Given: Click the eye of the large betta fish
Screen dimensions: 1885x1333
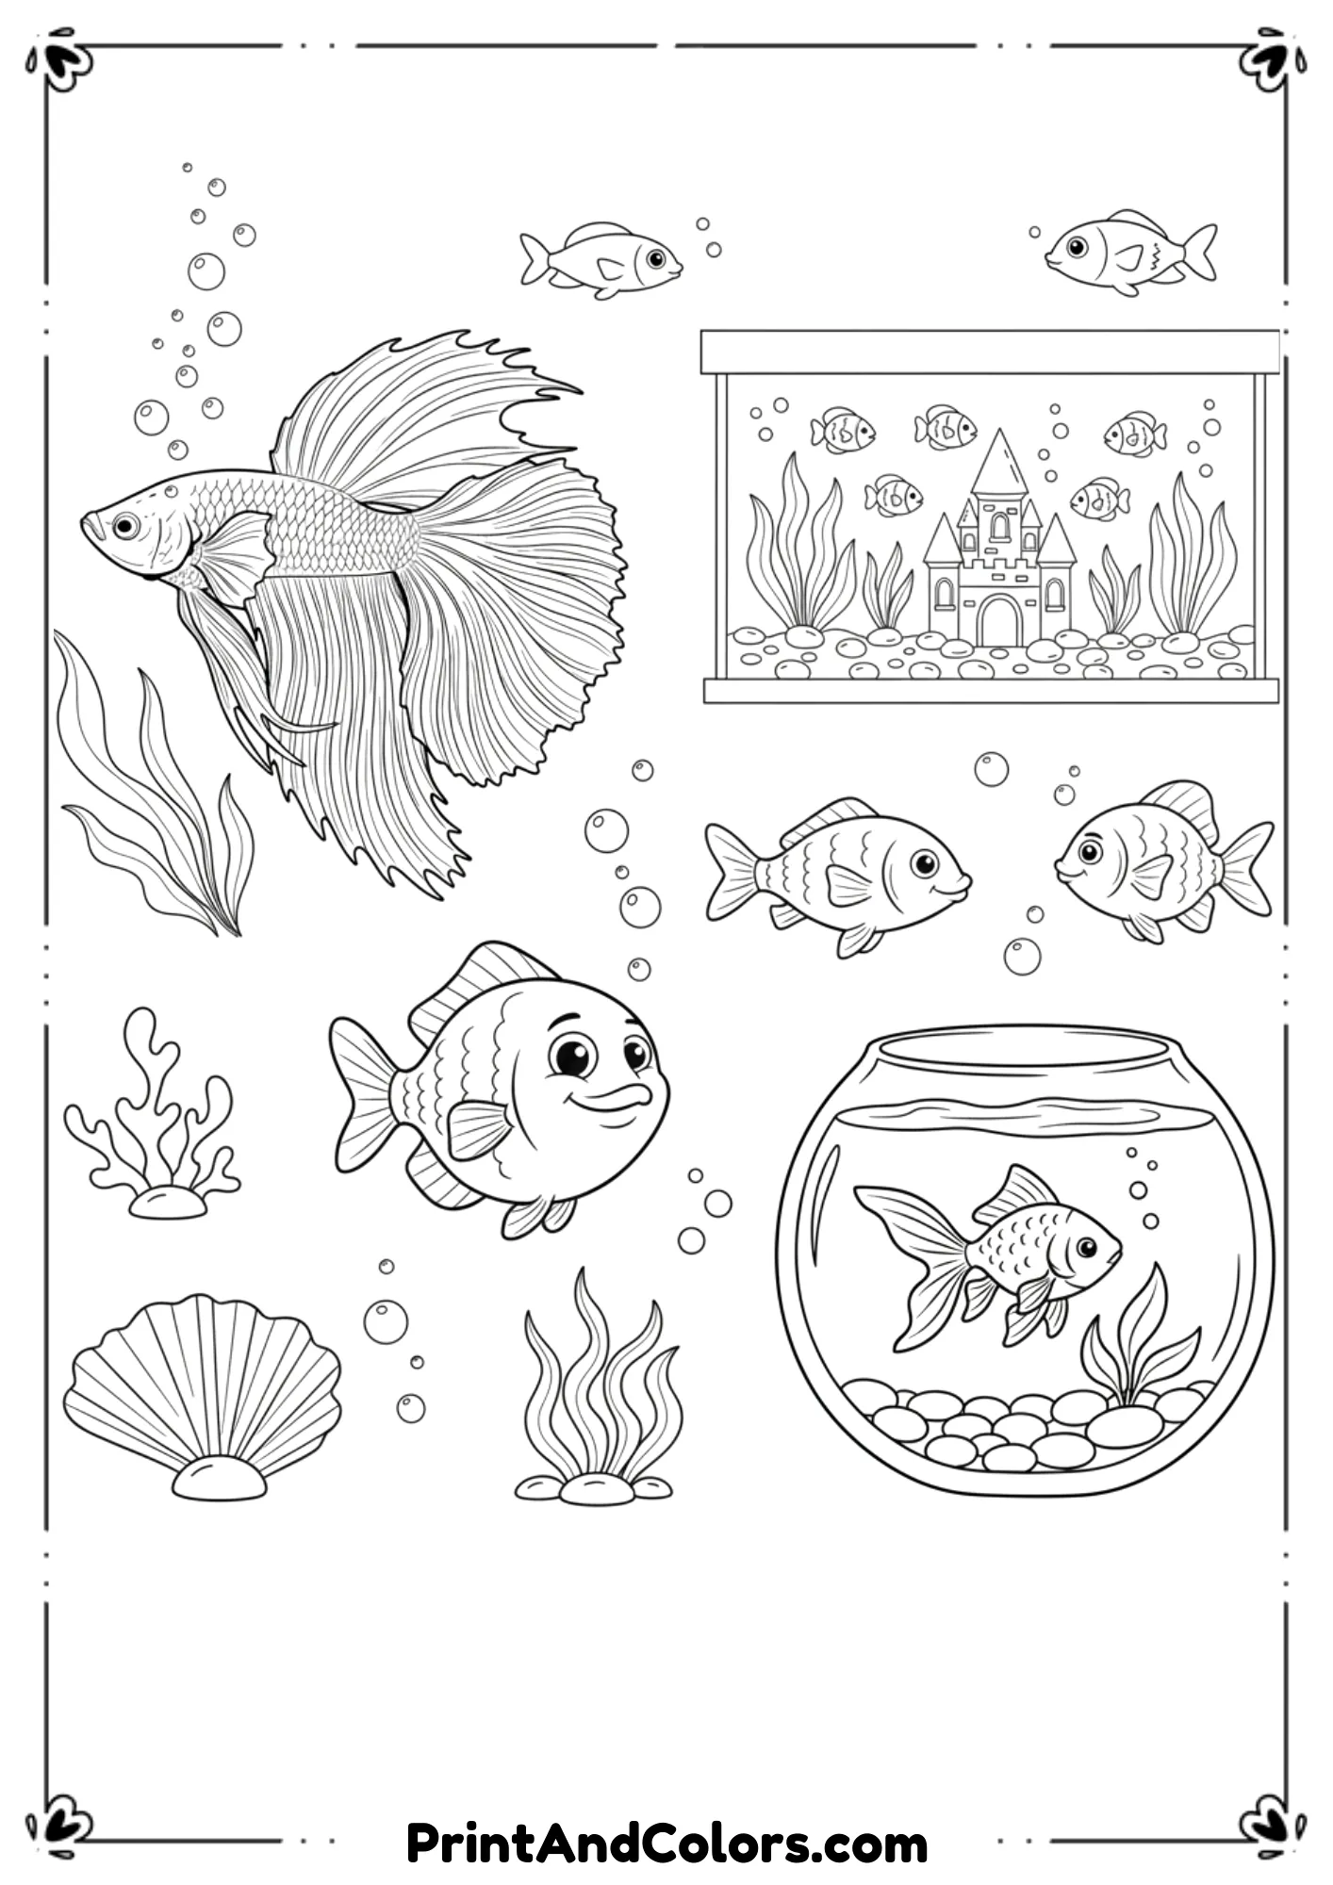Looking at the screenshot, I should tap(124, 525).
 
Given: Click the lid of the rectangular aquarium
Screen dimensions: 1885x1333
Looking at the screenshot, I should tap(990, 352).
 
